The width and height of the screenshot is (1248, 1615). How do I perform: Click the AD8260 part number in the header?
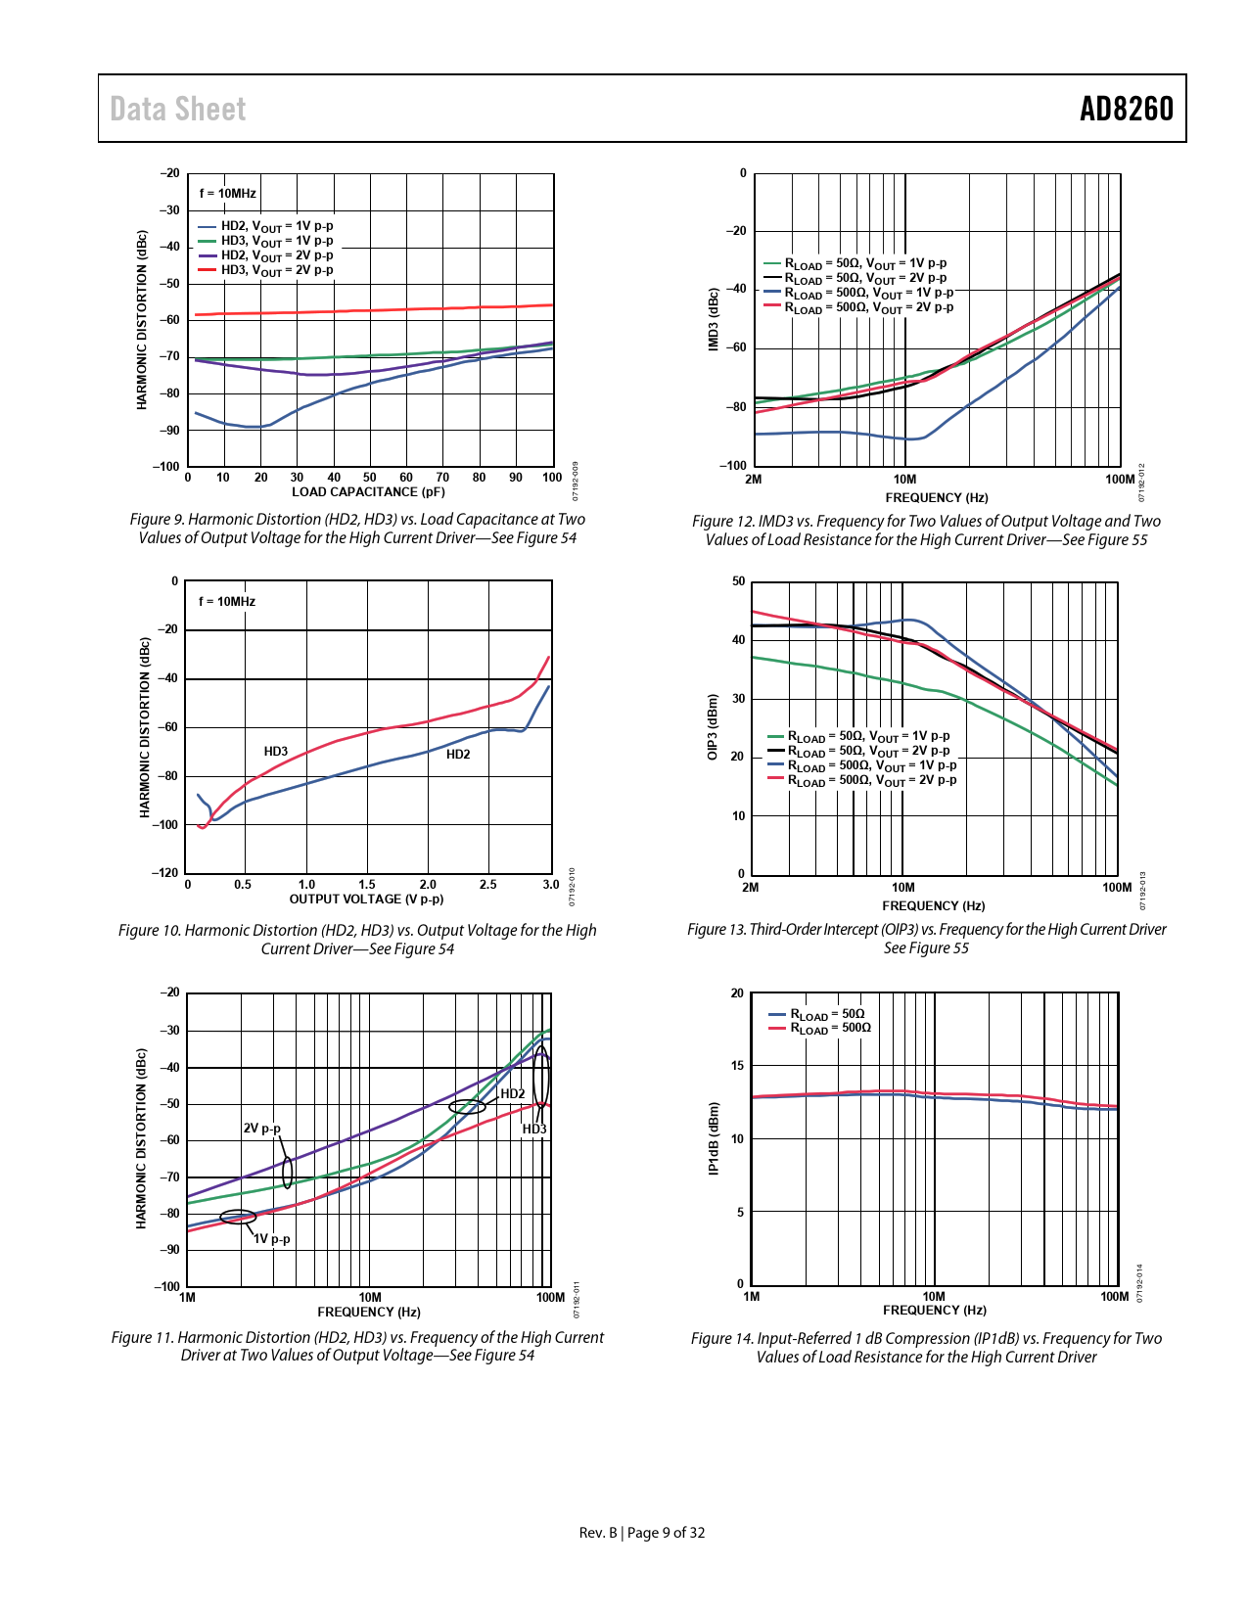[1126, 109]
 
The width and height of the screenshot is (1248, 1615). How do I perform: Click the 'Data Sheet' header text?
[177, 109]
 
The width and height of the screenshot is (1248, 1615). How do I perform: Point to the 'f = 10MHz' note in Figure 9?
[227, 194]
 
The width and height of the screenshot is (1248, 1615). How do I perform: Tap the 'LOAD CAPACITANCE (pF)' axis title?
[368, 492]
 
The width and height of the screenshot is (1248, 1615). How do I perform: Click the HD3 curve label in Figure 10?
[276, 752]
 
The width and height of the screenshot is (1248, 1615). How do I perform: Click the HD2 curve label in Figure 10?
[458, 755]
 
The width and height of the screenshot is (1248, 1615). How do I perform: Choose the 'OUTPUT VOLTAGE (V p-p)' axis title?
[366, 900]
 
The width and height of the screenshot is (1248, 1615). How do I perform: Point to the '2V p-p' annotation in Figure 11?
[261, 1129]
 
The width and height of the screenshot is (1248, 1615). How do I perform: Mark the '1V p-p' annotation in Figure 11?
[272, 1239]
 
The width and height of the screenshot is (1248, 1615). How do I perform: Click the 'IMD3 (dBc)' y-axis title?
[714, 319]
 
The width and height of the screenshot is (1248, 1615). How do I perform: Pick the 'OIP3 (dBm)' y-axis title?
[713, 727]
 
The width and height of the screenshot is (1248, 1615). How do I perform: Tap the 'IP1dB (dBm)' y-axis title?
[714, 1139]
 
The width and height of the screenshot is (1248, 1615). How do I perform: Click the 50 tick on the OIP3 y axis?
[738, 581]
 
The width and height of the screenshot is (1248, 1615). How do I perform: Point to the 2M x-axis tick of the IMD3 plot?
[753, 480]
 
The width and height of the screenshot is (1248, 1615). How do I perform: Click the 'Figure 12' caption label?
[723, 522]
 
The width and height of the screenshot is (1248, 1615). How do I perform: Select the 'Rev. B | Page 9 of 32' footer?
[642, 1533]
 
